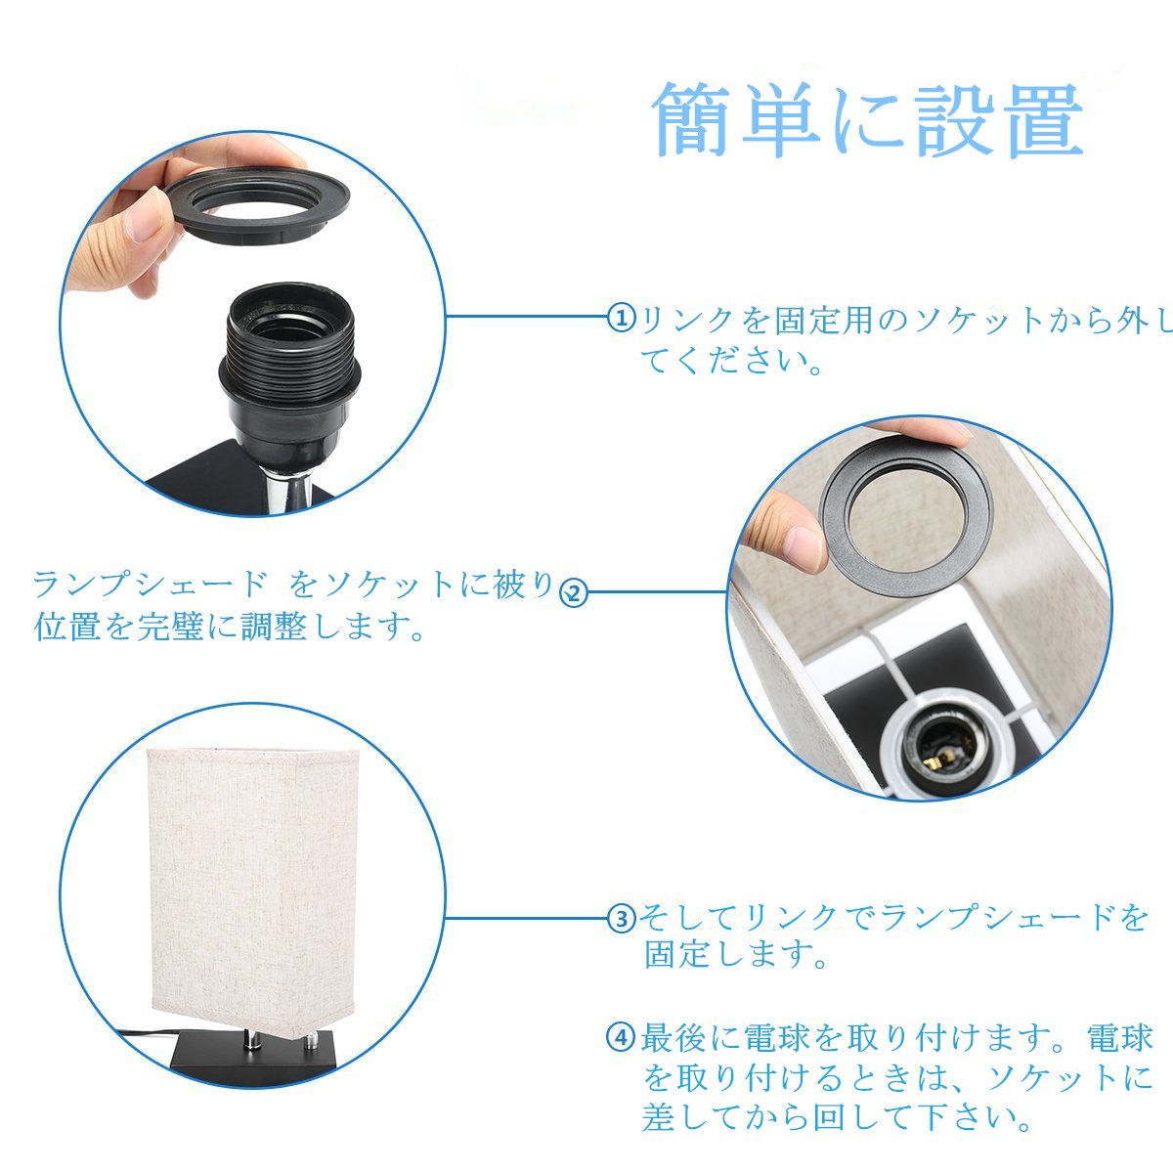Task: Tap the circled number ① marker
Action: [622, 317]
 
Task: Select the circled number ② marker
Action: [574, 592]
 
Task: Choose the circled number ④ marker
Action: [621, 1036]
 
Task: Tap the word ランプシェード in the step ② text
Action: [150, 585]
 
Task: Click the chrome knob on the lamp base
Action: [311, 1043]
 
